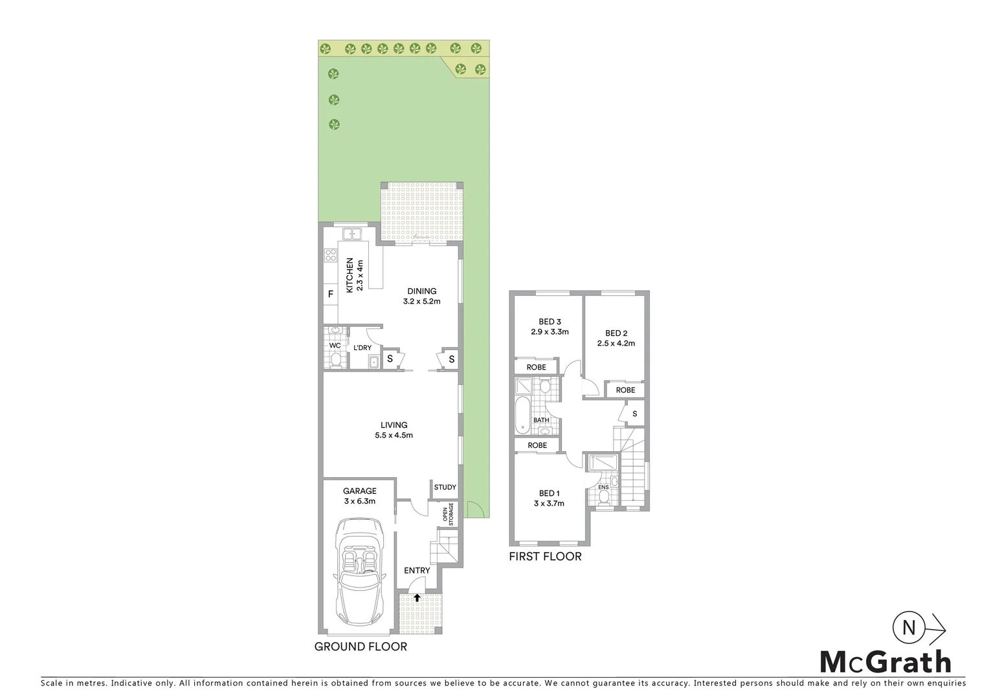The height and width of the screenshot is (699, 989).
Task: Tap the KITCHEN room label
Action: click(350, 275)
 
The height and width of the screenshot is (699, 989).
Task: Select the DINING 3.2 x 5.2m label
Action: click(421, 296)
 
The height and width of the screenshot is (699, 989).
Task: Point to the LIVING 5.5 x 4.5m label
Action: click(394, 430)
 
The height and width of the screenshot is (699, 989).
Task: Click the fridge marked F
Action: click(331, 294)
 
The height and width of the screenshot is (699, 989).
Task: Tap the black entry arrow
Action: click(417, 597)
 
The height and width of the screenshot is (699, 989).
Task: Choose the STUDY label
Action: click(445, 487)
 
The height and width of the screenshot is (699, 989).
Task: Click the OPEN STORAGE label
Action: click(448, 513)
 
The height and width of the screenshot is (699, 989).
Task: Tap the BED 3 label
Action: click(550, 322)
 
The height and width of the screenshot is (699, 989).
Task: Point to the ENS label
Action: click(603, 487)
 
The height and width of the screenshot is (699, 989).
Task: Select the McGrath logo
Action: click(885, 661)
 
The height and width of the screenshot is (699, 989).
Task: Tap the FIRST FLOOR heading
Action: click(545, 557)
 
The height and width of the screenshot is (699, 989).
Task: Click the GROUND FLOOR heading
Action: click(361, 646)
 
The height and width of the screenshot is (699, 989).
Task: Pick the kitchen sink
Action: click(353, 234)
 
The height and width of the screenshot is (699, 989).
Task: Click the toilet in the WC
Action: click(335, 359)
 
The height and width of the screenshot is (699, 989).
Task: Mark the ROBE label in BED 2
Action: click(625, 390)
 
